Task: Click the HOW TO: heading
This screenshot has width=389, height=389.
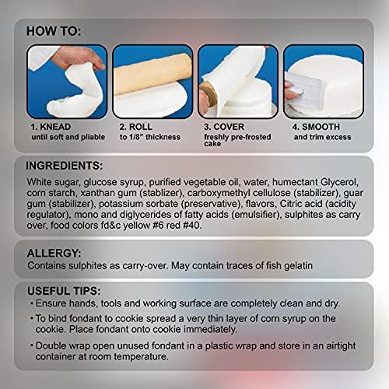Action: point(54,31)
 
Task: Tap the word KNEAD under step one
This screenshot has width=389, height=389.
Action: point(55,127)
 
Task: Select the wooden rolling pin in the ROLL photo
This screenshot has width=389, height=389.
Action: point(152,74)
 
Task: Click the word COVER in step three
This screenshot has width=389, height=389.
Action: point(229,127)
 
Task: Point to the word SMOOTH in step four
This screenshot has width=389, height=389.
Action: point(321,127)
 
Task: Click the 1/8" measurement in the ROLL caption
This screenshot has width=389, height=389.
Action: point(136,137)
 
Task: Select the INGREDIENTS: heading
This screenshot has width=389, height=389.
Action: point(65,166)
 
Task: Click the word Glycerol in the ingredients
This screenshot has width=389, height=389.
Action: point(339,182)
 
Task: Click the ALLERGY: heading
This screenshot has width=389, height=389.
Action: point(54,253)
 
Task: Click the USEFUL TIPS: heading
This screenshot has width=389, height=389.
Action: point(64,291)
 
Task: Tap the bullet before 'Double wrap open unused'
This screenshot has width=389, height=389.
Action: point(32,345)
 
